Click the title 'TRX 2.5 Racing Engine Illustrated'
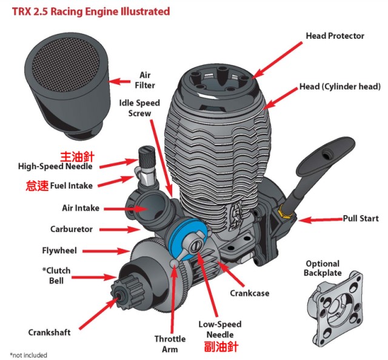pyautogui.click(x=90, y=12)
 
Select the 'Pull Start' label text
pyautogui.click(x=360, y=218)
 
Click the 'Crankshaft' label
pyautogui.click(x=49, y=332)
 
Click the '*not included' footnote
pyautogui.click(x=28, y=355)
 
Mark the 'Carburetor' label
pyautogui.click(x=72, y=230)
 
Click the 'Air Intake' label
pyautogui.click(x=81, y=208)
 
